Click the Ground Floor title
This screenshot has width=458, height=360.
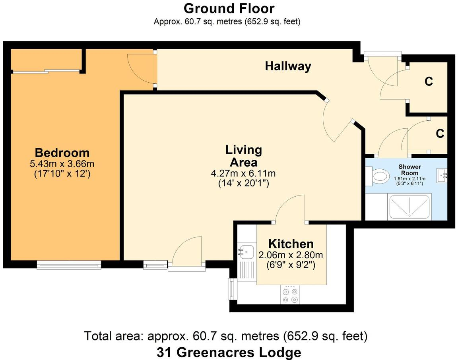click(x=229, y=8)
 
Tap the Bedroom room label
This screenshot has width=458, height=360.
click(x=62, y=153)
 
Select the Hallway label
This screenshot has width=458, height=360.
click(x=288, y=66)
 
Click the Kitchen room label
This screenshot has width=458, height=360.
click(x=291, y=244)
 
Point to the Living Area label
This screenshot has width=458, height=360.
click(x=243, y=156)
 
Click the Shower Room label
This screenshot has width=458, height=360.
click(x=410, y=170)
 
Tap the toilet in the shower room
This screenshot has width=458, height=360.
click(x=380, y=175)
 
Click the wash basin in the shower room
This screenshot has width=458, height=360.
click(x=442, y=175)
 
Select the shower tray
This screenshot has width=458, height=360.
click(x=410, y=207)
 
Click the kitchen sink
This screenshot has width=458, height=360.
click(x=246, y=251)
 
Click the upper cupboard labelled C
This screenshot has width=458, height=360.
click(x=429, y=81)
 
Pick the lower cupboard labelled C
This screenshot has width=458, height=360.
click(x=439, y=134)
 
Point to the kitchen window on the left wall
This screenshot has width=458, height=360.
click(x=231, y=289)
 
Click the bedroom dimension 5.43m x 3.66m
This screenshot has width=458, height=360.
click(x=62, y=163)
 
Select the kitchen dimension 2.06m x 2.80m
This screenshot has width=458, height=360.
click(x=291, y=255)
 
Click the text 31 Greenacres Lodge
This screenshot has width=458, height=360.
click(x=229, y=352)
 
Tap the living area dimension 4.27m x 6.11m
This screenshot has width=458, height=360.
click(x=243, y=174)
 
